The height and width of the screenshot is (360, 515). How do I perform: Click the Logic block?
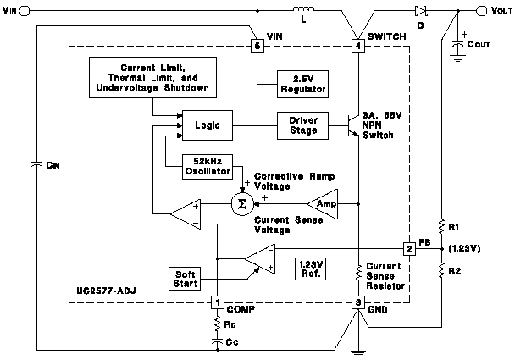(207, 125)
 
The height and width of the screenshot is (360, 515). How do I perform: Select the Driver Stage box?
(303, 125)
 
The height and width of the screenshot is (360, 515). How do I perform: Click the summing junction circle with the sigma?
(242, 204)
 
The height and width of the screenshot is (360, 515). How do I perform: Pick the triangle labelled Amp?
(322, 204)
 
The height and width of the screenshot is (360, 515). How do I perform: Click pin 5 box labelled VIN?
(257, 47)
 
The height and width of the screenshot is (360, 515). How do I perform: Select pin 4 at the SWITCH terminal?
(358, 47)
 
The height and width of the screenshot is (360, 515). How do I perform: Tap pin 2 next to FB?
(409, 248)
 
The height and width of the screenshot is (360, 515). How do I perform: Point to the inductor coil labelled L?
(302, 12)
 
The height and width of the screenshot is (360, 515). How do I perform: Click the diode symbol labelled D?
(421, 12)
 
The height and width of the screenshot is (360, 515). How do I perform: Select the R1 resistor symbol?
(440, 226)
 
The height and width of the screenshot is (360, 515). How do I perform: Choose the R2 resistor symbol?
(440, 270)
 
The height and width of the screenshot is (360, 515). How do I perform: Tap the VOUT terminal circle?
(482, 12)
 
